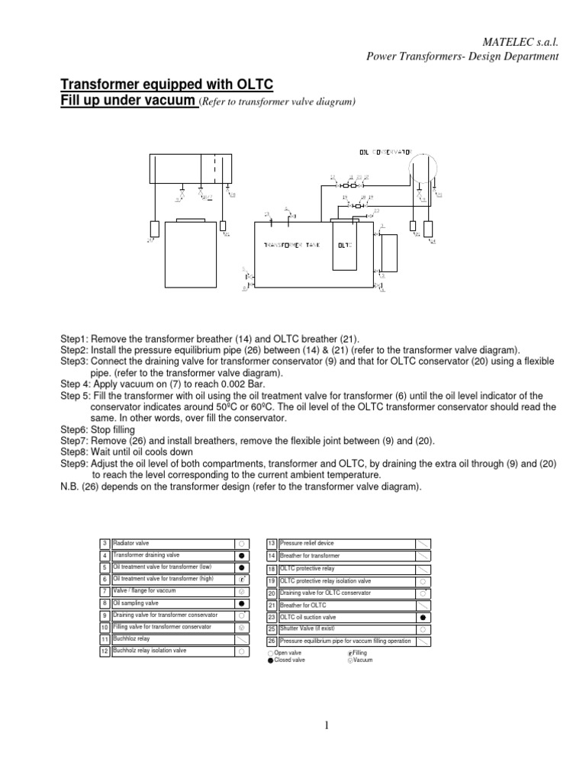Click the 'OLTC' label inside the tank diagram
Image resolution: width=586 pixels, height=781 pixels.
(343, 246)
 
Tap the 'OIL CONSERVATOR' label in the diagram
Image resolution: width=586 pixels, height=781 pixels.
(385, 152)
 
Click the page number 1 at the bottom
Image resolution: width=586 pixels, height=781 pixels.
(327, 725)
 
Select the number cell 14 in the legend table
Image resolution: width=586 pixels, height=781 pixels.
(271, 556)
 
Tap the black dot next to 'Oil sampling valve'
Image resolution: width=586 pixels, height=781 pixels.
(240, 603)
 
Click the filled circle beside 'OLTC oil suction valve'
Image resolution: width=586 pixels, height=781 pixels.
(422, 617)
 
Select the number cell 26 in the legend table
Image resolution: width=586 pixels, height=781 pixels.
(271, 641)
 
